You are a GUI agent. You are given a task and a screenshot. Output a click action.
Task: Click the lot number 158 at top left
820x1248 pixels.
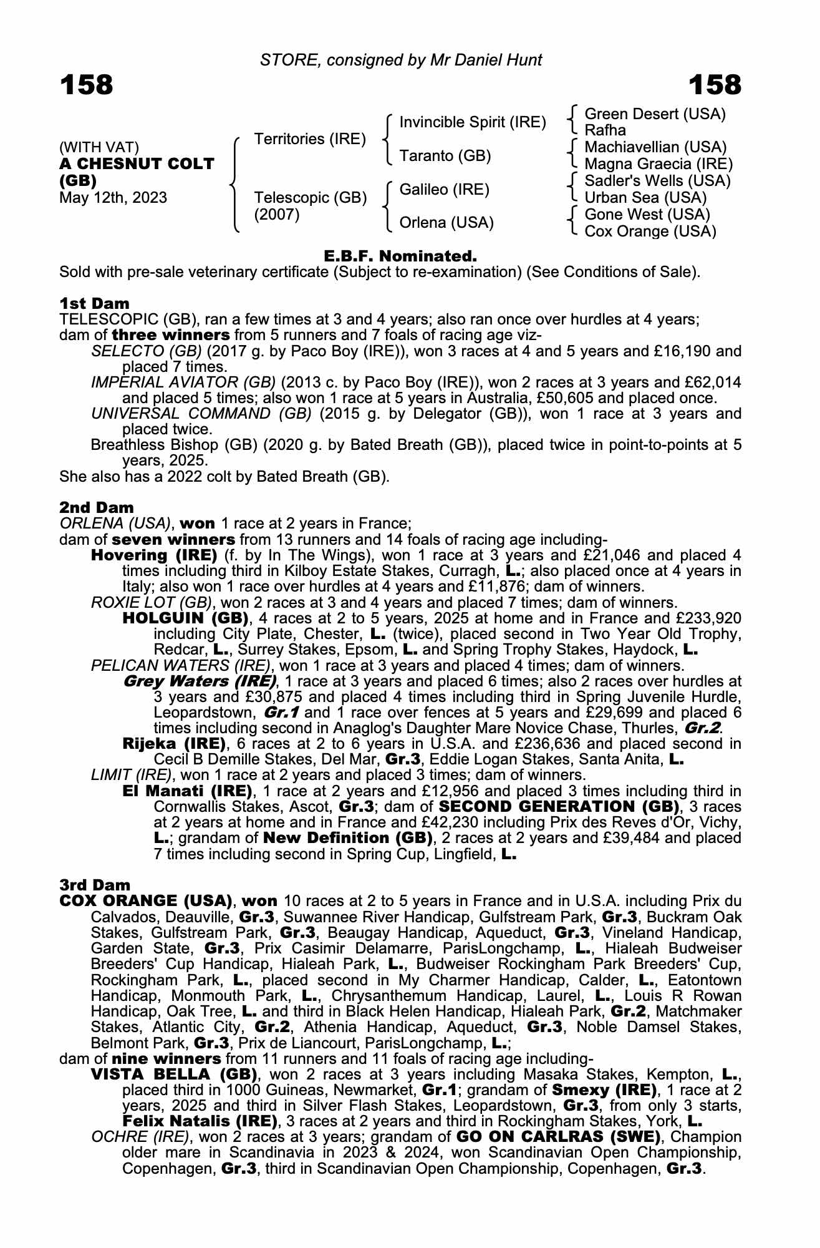click(87, 85)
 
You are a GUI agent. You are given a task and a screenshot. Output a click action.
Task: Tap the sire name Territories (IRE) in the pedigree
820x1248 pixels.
click(310, 139)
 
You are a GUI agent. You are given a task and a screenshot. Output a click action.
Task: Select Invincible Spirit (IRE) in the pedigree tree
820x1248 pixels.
click(472, 122)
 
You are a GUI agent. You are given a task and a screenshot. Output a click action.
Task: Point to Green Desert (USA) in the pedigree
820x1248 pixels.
click(655, 114)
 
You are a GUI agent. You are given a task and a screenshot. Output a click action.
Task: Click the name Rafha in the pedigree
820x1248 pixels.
click(605, 130)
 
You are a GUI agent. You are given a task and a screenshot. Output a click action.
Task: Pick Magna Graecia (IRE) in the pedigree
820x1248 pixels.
click(658, 164)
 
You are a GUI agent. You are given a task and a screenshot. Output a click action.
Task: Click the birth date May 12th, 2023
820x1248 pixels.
click(113, 198)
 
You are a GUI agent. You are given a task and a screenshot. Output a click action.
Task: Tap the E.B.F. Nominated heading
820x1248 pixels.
click(400, 256)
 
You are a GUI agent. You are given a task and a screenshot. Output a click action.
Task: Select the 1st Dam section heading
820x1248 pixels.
click(94, 303)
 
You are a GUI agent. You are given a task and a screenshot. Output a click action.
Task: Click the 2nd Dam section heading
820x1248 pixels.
click(96, 507)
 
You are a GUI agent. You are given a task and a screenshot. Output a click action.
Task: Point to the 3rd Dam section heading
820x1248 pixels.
click(95, 885)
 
